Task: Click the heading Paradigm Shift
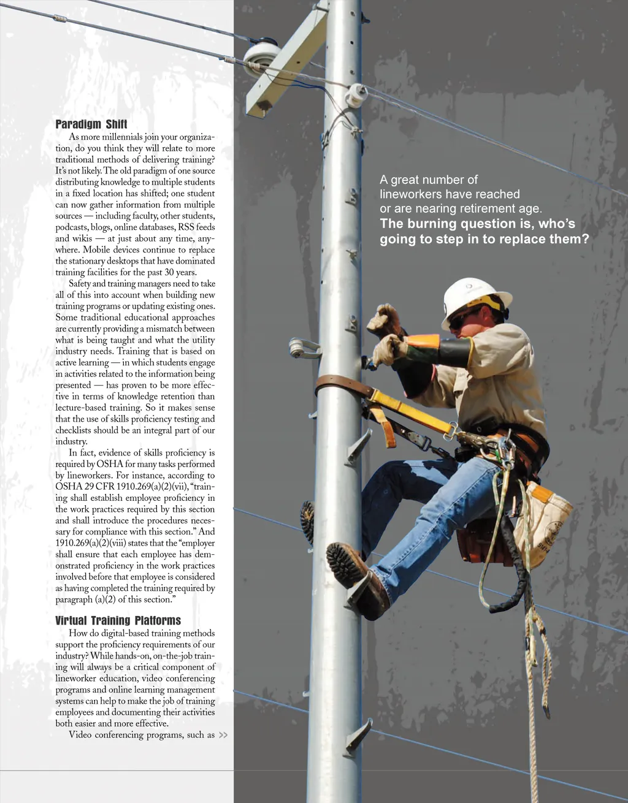91,124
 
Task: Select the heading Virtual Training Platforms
118,620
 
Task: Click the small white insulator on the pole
356,96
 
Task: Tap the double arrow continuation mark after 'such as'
223,735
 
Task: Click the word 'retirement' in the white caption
485,208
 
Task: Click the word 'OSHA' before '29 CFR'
69,487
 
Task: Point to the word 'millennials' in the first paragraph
121,137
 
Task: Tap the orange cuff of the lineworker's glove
422,341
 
